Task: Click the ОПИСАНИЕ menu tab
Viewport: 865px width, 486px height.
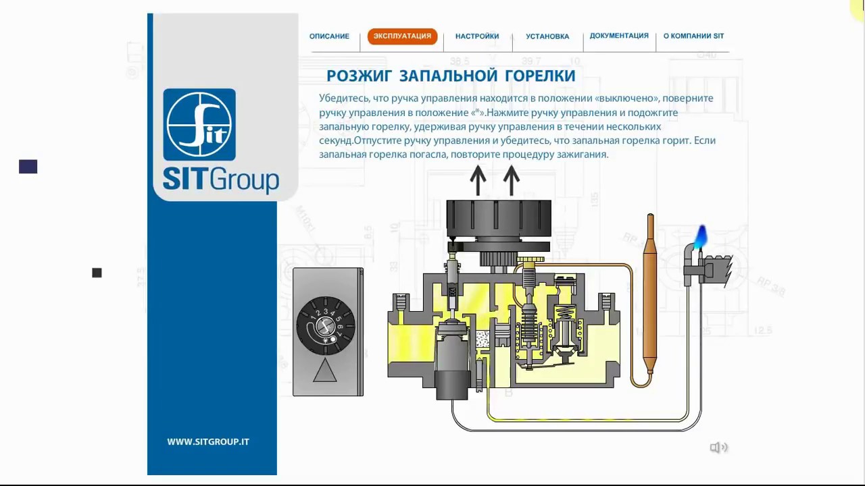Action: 329,36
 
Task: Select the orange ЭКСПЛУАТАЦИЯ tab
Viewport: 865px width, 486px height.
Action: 402,36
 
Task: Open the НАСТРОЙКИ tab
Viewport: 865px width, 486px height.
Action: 477,36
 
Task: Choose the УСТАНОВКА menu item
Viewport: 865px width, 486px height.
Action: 547,36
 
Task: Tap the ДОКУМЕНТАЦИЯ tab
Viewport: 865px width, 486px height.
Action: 618,36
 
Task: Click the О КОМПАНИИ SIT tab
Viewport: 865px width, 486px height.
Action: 693,36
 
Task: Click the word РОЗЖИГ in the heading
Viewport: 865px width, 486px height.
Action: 359,76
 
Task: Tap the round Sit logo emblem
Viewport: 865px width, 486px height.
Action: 199,125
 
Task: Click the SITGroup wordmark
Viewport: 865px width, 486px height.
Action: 221,180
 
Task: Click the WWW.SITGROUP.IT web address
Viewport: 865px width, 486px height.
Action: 208,441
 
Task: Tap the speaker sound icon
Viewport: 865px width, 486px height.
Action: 718,448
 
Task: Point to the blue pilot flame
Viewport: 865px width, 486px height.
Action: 701,237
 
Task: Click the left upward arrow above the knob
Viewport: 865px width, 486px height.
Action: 478,180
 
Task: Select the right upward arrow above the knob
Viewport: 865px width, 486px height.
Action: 512,180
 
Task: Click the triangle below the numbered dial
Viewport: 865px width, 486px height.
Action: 325,371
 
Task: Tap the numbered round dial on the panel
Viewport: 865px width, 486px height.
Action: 325,325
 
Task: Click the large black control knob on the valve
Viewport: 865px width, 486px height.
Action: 499,218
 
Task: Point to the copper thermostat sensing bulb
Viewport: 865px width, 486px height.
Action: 650,293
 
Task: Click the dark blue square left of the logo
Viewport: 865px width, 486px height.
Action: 28,167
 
